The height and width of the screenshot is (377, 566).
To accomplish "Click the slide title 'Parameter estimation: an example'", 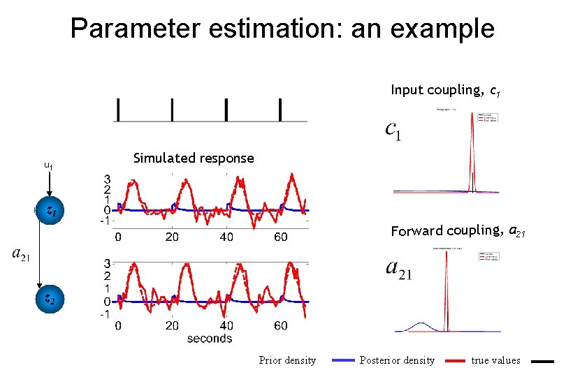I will point(282,29).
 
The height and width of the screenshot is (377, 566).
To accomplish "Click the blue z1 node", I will point(50,210).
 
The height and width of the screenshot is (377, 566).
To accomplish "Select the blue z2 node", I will point(50,298).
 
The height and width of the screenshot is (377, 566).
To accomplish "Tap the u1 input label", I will point(48,166).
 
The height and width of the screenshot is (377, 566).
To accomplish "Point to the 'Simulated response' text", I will point(194,158).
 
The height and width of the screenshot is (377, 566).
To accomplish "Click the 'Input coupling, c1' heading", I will point(444,90).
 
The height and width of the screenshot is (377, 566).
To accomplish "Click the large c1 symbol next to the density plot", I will point(393,131).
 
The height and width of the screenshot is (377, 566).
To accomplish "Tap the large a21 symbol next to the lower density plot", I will point(399,269).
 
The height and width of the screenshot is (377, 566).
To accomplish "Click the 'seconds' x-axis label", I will point(210,339).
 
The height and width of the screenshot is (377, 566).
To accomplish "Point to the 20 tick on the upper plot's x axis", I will point(172,237).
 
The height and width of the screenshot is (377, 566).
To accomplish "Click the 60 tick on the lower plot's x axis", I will point(280,326).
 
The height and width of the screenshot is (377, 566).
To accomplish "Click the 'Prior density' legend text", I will point(287,360).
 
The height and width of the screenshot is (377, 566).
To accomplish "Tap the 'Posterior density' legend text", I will point(397,360).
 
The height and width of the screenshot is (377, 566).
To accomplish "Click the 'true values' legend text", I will point(495,360).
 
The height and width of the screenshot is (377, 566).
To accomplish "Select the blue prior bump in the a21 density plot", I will point(421,325).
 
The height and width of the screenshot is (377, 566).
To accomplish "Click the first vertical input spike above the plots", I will point(118,110).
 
